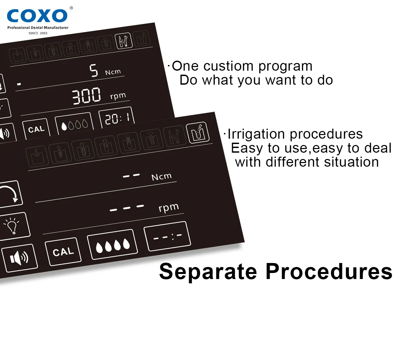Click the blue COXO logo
coord(37,16)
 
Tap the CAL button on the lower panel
coord(63,252)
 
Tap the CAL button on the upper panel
coord(36,129)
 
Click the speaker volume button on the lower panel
coord(19,258)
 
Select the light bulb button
coord(14,226)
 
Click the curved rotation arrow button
coord(10,194)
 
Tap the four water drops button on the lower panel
coord(112,245)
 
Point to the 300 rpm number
coord(86,96)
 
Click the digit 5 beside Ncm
coord(94,70)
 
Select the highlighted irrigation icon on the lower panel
coord(198,132)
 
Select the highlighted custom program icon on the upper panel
coord(124,40)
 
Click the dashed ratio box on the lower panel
coord(167,236)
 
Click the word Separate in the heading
coord(208,271)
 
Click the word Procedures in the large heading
coord(329,271)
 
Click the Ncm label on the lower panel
coord(162,177)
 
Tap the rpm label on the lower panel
coord(169,208)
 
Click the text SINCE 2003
coord(38,33)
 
